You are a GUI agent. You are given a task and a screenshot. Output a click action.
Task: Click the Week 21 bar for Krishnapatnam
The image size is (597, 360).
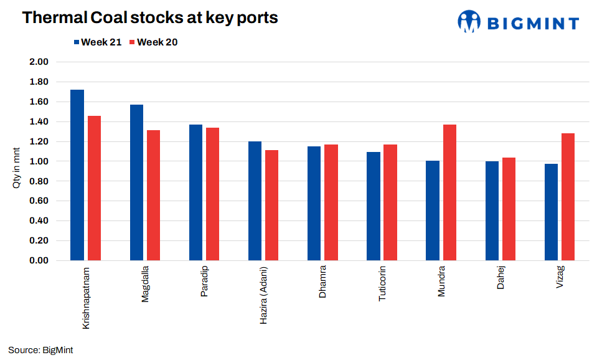77,175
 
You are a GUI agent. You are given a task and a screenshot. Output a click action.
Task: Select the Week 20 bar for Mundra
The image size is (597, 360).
449,192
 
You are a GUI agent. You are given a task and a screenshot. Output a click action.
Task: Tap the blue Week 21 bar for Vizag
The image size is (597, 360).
551,212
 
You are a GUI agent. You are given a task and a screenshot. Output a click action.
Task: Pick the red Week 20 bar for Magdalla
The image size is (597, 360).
153,195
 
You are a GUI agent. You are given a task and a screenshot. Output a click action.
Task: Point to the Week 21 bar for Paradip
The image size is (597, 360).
195,192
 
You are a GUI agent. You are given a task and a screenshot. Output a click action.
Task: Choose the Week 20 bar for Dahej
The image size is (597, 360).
509,209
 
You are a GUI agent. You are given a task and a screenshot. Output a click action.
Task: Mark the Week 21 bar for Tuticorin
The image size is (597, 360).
374,206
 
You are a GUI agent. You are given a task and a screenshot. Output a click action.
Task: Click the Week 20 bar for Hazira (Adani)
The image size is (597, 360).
271,205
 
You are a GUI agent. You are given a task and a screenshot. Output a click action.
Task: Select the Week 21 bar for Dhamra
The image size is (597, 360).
314,203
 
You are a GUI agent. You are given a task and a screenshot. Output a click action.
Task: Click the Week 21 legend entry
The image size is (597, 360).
97,42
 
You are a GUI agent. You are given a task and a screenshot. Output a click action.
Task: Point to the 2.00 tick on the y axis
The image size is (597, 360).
39,62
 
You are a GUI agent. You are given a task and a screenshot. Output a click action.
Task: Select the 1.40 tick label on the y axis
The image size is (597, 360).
39,121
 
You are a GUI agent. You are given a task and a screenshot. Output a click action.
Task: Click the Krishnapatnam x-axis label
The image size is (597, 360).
86,298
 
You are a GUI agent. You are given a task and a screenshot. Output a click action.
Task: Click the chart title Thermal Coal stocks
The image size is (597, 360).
150,18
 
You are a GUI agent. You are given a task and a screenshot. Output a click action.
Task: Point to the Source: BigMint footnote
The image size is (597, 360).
40,350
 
